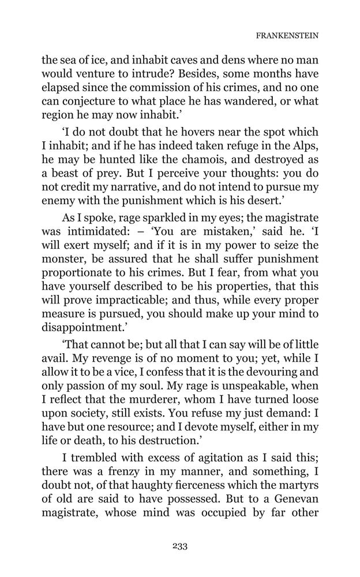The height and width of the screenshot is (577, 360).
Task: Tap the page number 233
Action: (x=180, y=546)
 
